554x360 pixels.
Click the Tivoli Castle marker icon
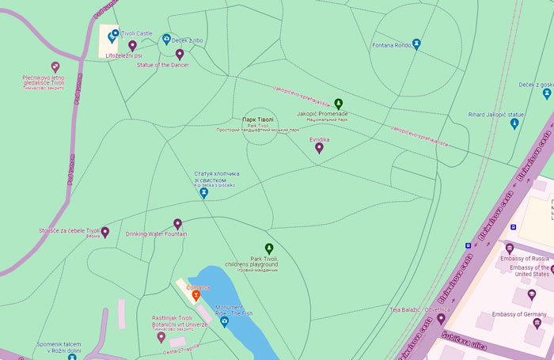[x=114, y=34]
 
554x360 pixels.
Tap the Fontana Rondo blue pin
[x=416, y=44]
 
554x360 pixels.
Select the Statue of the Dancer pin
[x=180, y=55]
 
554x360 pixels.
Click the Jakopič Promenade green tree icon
[x=339, y=104]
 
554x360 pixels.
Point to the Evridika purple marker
[x=320, y=148]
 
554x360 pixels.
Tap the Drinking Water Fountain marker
[x=177, y=225]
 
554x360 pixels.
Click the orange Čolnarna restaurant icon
[x=196, y=296]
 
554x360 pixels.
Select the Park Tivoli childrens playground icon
[x=268, y=248]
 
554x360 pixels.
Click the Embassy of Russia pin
[x=510, y=248]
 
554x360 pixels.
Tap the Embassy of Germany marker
[x=537, y=323]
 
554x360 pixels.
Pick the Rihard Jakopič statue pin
[x=514, y=123]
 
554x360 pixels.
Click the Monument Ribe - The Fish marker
[x=224, y=322]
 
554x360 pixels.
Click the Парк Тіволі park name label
[x=260, y=119]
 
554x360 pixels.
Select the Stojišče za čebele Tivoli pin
[x=104, y=233]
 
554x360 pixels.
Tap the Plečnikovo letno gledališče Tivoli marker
[x=55, y=67]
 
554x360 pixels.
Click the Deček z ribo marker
[x=166, y=38]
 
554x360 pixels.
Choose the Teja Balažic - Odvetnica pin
[x=441, y=319]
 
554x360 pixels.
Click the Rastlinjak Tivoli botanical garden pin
[x=161, y=337]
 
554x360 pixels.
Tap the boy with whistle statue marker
[x=204, y=192]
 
